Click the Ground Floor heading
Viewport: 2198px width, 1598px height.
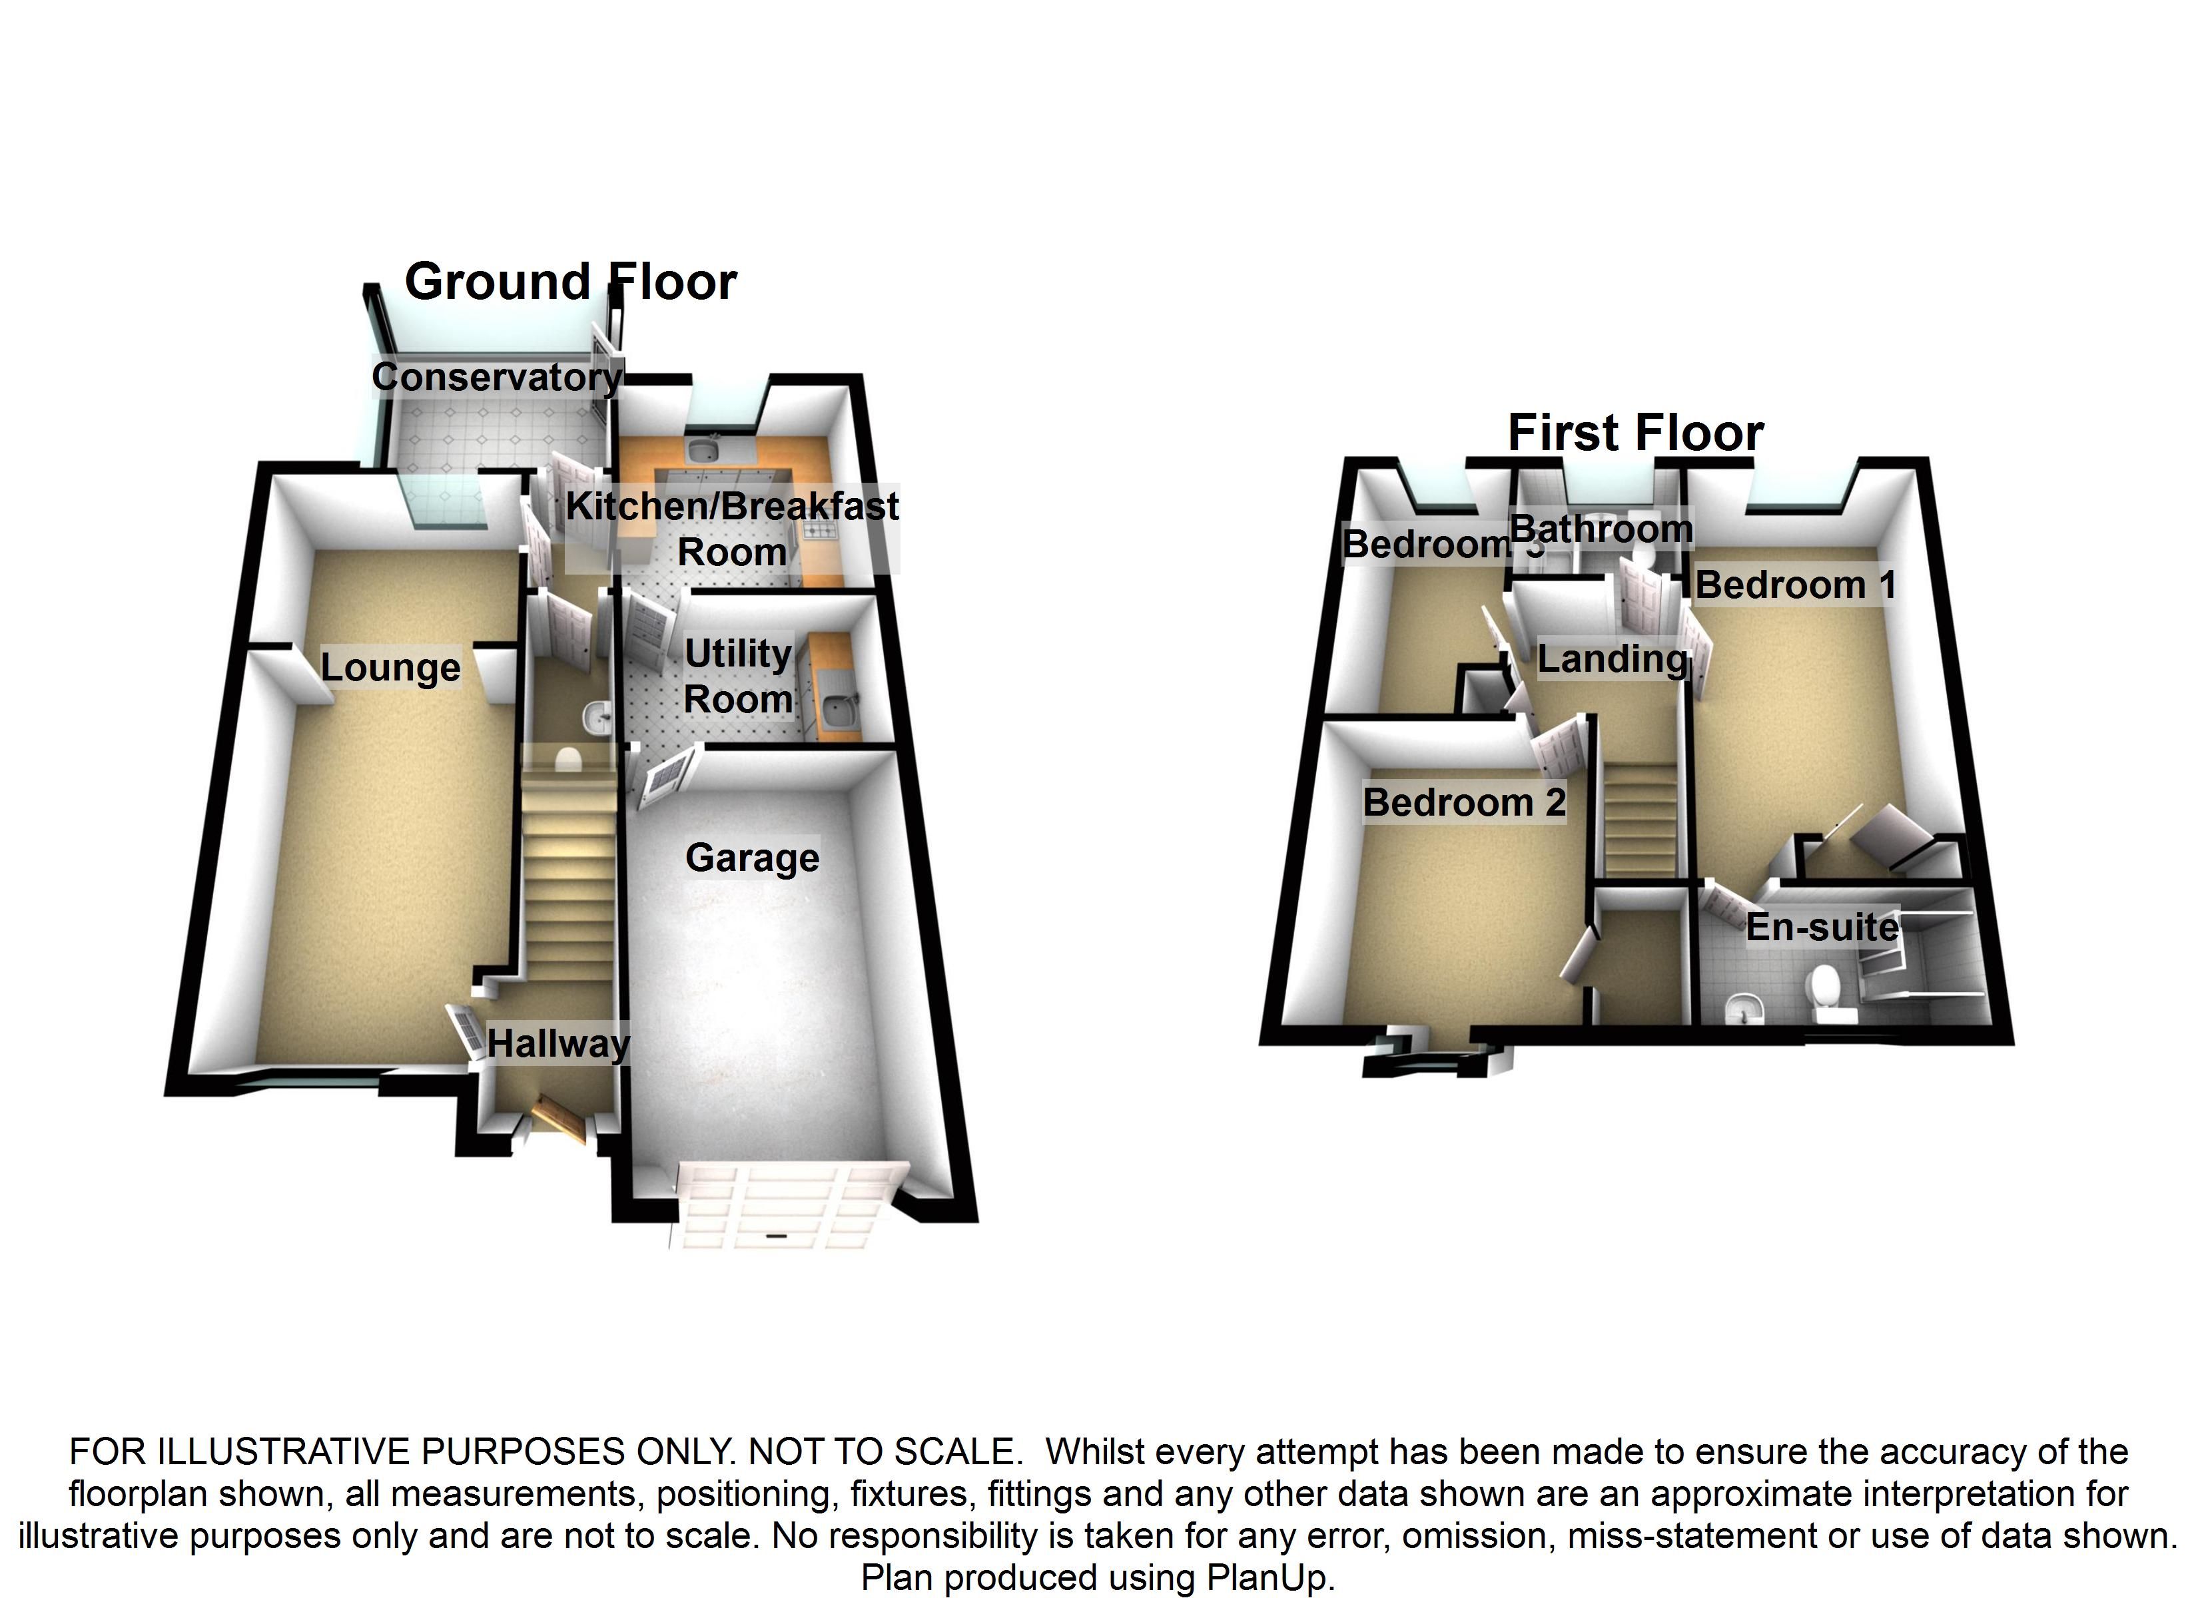(x=570, y=282)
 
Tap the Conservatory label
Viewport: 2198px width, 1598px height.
(x=496, y=377)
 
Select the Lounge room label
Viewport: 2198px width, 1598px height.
(x=390, y=668)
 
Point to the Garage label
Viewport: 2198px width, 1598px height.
(x=752, y=858)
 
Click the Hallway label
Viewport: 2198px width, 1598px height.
(x=557, y=1043)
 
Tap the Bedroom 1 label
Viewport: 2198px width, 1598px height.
(x=1795, y=585)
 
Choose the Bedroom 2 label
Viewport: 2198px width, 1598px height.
(x=1463, y=802)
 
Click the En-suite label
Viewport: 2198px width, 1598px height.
(x=1822, y=928)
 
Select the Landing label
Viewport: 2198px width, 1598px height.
(x=1613, y=659)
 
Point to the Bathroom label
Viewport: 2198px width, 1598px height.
(x=1601, y=529)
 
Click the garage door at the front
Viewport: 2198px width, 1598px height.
(x=775, y=1206)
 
